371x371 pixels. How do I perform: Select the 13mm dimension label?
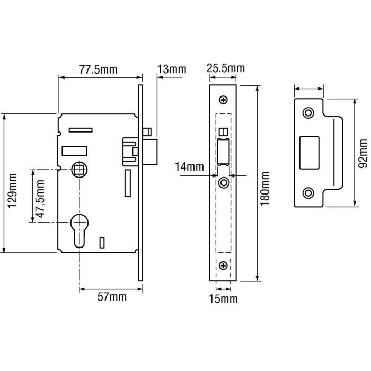coord(172,69)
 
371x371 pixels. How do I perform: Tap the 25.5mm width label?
coord(225,68)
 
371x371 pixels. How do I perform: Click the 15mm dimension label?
coord(223,299)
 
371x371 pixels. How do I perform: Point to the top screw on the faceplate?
coord(224,100)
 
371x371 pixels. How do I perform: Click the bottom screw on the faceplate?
coord(224,265)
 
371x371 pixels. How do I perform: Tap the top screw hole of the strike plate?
coord(308,113)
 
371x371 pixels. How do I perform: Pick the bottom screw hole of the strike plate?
coord(308,192)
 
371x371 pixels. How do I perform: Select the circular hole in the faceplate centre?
coord(224,182)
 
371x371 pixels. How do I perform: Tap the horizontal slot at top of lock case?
coord(80,130)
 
